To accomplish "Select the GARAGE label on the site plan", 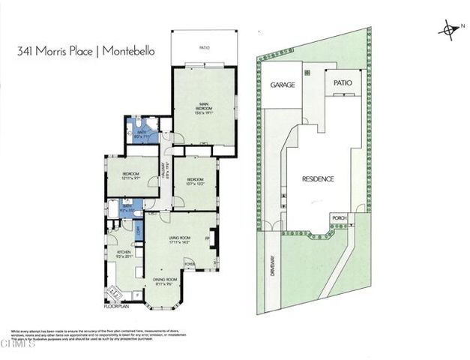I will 282,85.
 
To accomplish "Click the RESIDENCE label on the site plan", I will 318,179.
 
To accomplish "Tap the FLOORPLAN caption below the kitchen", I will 118,306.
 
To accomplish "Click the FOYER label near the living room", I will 190,263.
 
